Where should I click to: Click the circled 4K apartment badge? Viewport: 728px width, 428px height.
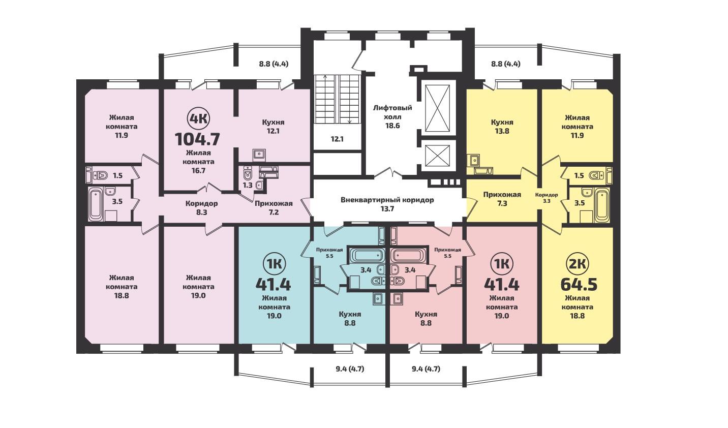click(198, 119)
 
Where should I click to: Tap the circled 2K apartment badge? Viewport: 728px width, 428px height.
click(577, 263)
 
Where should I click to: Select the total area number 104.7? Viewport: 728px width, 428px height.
click(198, 139)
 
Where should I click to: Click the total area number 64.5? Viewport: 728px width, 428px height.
click(579, 284)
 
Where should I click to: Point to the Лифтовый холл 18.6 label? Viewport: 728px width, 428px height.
click(392, 116)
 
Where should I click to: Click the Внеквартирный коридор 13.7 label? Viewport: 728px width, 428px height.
click(387, 204)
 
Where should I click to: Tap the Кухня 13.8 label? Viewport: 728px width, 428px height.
click(502, 127)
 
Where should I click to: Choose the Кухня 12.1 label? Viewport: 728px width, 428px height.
click(273, 127)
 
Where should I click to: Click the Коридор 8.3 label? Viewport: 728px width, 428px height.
click(201, 208)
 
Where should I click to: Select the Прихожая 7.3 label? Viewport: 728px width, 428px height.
click(502, 199)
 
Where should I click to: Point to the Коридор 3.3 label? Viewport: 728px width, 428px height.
click(547, 198)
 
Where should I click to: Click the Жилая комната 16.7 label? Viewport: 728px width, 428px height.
click(198, 162)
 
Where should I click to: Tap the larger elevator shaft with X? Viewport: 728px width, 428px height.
click(437, 108)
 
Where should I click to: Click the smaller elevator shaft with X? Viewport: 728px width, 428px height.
click(437, 156)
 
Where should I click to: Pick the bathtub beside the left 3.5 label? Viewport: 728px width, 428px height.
click(96, 205)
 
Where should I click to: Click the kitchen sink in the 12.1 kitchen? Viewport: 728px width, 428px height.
click(259, 155)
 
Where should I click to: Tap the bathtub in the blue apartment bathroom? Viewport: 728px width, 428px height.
click(366, 256)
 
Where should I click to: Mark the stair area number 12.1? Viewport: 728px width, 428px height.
click(337, 139)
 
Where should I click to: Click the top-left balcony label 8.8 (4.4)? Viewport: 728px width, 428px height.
click(274, 64)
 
